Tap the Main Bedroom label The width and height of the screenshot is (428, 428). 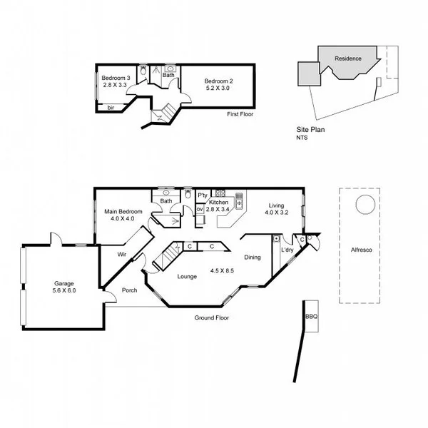pyautogui.click(x=123, y=211)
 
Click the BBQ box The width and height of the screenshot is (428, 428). pyautogui.click(x=311, y=315)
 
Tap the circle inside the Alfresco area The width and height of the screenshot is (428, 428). pyautogui.click(x=365, y=204)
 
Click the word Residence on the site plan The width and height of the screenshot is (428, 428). pyautogui.click(x=347, y=58)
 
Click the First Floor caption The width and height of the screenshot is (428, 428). pyautogui.click(x=240, y=114)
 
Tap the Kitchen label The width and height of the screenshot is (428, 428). pyautogui.click(x=218, y=203)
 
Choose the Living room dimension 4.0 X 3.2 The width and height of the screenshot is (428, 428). pyautogui.click(x=275, y=213)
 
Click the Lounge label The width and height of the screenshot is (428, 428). pyautogui.click(x=187, y=276)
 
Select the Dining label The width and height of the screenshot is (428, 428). pyautogui.click(x=253, y=258)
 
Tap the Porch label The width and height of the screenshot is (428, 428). pyautogui.click(x=129, y=290)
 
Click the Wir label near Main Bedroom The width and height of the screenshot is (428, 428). pyautogui.click(x=122, y=253)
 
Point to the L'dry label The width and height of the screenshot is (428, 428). pyautogui.click(x=287, y=250)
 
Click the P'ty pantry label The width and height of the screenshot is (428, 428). pyautogui.click(x=202, y=195)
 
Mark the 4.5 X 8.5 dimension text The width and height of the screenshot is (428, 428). pyautogui.click(x=223, y=270)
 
